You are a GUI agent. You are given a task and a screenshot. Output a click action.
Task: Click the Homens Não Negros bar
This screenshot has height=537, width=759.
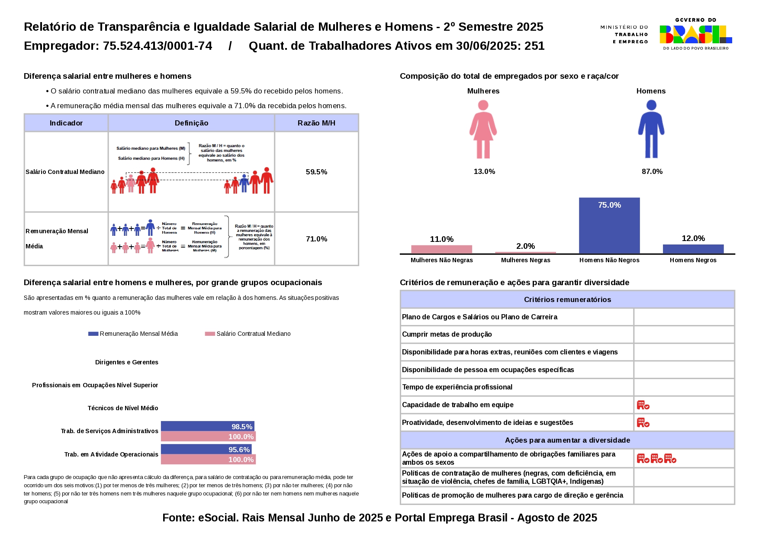click(609, 225)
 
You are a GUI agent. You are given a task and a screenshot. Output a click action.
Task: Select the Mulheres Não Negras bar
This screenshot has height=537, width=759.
click(441, 249)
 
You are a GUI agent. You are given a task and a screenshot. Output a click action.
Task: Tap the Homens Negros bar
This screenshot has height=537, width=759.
click(693, 249)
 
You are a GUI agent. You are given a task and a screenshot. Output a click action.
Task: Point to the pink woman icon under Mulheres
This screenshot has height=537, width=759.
click(483, 129)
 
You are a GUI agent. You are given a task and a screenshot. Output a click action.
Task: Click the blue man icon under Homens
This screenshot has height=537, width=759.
click(651, 129)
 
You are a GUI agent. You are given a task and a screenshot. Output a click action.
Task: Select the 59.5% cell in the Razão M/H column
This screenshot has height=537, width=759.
click(316, 172)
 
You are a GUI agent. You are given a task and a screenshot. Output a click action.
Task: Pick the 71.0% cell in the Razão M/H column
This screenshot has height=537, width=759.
click(316, 239)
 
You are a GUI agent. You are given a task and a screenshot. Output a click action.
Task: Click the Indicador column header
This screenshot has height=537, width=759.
click(66, 123)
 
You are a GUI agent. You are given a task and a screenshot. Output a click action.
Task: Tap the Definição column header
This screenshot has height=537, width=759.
click(191, 123)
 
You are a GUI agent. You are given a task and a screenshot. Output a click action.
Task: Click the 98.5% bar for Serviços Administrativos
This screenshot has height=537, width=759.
click(207, 426)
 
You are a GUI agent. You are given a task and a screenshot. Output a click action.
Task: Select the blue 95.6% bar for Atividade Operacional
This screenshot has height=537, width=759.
click(206, 449)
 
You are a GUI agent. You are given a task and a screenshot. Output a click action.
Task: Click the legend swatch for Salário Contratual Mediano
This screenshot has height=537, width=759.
click(210, 334)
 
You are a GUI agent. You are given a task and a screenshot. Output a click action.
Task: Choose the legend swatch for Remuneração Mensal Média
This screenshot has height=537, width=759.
click(93, 334)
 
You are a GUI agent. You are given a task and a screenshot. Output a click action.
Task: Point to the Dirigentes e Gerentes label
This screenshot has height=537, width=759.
click(126, 362)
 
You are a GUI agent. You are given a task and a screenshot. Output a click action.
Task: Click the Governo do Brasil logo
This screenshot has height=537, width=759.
click(695, 34)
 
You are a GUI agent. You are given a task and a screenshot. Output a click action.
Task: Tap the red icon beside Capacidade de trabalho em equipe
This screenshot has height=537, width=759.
click(643, 405)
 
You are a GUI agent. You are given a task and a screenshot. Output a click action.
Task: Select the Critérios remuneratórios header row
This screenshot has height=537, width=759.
click(567, 299)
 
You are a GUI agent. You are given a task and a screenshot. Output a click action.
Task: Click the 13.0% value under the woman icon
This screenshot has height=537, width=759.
click(484, 171)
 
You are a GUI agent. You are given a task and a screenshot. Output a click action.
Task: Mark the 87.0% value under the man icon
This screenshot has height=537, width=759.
click(652, 171)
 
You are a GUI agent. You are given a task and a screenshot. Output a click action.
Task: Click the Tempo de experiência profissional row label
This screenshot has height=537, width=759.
click(457, 387)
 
